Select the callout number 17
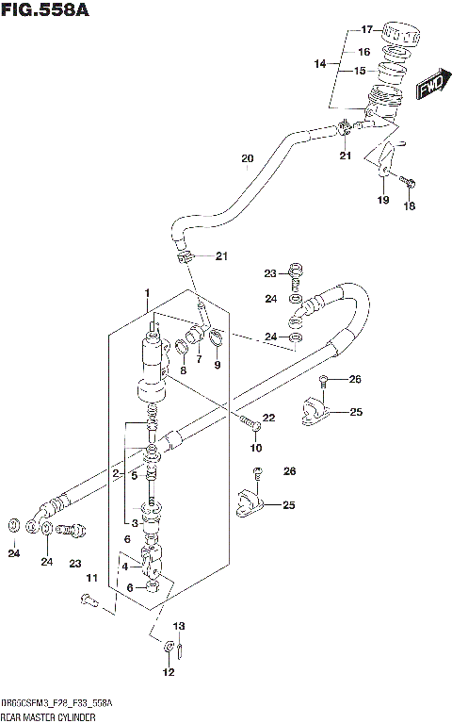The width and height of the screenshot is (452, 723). (366, 28)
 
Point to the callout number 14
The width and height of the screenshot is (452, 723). (321, 64)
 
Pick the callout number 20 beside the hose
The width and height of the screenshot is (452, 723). (247, 158)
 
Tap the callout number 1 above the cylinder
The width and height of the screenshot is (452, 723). (148, 296)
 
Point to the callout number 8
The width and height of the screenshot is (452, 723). (184, 370)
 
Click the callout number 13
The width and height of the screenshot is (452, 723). (179, 626)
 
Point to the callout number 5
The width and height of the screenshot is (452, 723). (134, 475)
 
